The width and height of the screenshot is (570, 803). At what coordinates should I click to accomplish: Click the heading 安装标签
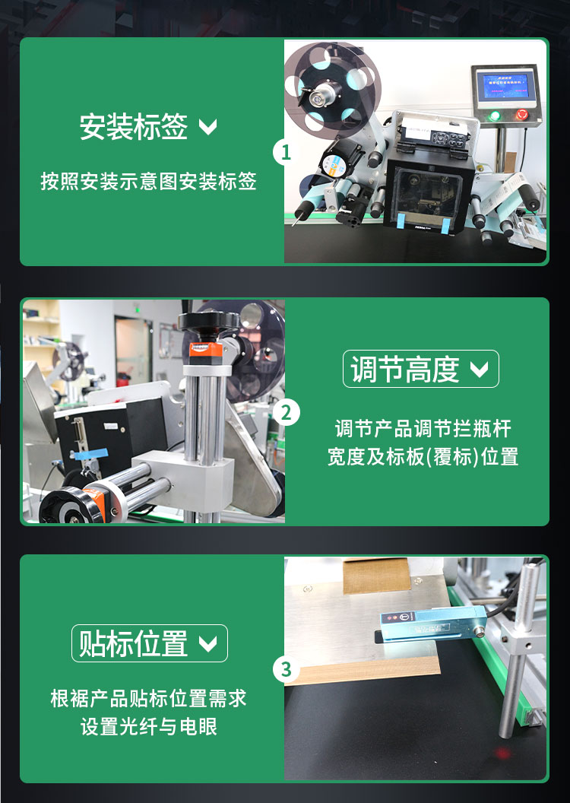[x=134, y=127]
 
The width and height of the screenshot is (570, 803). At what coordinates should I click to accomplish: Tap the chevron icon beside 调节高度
[x=480, y=370]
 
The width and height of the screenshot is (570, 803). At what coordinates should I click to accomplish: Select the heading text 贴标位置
[x=134, y=644]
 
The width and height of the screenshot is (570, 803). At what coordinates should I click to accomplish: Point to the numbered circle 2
[x=286, y=413]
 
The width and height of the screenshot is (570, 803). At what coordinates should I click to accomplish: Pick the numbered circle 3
[x=286, y=670]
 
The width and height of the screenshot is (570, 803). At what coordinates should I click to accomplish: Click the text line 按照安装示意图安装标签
[x=149, y=182]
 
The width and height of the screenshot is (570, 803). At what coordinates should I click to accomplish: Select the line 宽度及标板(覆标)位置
[x=423, y=457]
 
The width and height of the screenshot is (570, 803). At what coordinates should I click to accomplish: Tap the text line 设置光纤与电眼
[x=149, y=726]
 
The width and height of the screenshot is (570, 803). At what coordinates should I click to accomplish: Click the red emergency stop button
[x=522, y=116]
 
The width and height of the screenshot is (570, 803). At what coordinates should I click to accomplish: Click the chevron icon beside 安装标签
[x=207, y=127]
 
